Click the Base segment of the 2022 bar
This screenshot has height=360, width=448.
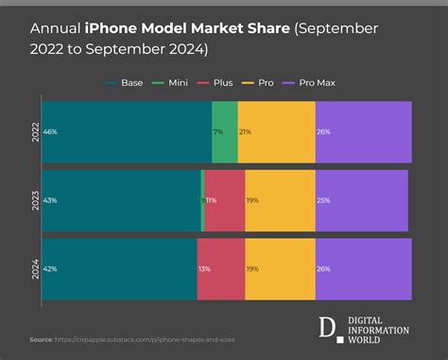pos(127,131)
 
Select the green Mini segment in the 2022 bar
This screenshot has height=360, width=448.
pos(225,131)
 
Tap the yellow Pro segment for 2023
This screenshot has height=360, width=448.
pos(280,200)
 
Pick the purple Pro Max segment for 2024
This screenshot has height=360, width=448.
pos(363,268)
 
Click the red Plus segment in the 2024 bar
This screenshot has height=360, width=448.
pos(221,268)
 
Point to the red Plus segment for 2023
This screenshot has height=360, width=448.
pos(224,200)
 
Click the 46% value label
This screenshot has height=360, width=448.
pos(50,132)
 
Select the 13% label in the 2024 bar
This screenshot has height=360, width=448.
pos(205,269)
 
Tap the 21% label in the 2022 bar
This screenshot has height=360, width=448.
pos(245,132)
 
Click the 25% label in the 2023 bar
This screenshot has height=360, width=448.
pos(323,201)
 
